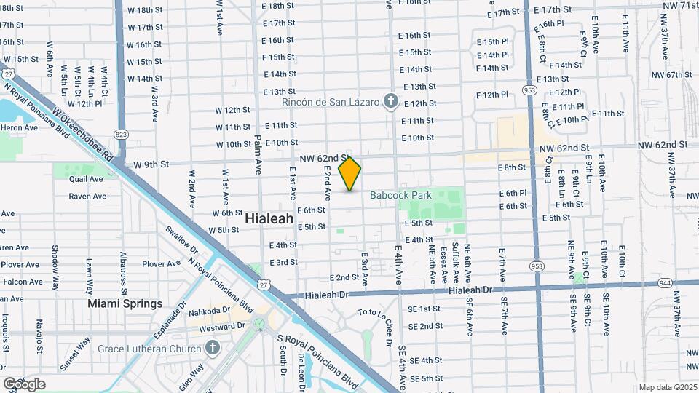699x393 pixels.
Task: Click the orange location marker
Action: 350,174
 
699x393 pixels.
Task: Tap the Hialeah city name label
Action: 269,218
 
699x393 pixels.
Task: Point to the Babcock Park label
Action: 400,195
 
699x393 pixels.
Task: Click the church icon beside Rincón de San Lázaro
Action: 391,101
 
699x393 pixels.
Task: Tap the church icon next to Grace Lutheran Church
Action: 213,349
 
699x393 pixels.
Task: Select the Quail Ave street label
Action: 86,179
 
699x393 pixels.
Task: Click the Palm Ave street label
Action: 258,157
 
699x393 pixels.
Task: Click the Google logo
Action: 24,384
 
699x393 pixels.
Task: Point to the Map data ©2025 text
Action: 666,387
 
